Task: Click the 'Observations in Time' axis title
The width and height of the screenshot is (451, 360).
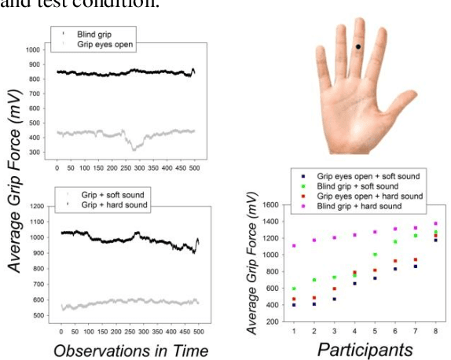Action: tap(131, 350)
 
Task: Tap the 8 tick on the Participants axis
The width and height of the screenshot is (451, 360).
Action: tap(435, 331)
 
